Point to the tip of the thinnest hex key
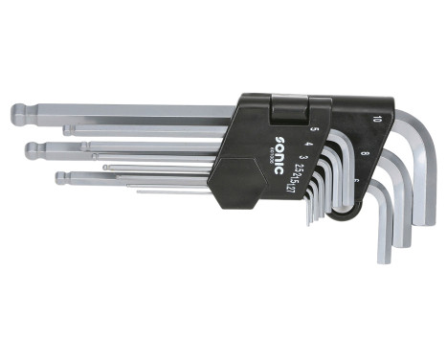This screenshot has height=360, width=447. [x=140, y=191]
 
